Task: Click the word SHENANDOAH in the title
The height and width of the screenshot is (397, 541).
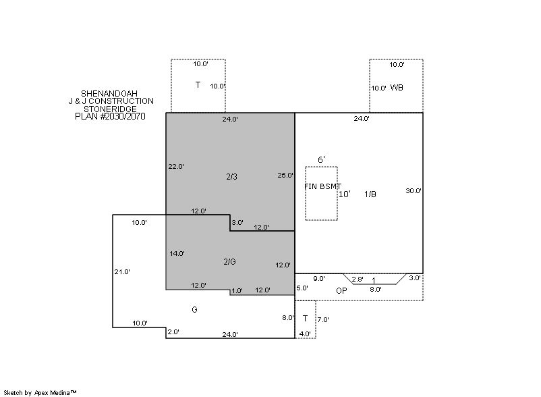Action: coord(109,94)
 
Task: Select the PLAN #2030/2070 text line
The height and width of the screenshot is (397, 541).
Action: coord(110,116)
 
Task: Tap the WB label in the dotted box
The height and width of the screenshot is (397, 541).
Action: coord(397,88)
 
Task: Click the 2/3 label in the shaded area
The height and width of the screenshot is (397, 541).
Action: coord(232,177)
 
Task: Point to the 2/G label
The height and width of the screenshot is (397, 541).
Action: coord(230,262)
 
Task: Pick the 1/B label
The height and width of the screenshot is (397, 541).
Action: coord(370,194)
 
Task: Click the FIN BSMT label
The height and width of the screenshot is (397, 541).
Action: coord(322,186)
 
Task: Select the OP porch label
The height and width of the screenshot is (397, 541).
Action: coord(341,291)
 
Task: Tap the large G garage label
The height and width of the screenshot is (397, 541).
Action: coord(194,310)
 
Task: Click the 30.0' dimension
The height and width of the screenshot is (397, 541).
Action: coord(414,190)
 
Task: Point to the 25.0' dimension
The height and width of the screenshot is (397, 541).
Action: coord(285,176)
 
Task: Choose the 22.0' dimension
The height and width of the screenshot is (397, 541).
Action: coord(176,166)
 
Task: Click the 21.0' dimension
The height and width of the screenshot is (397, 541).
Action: coord(122,272)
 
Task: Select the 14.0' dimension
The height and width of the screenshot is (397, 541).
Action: coord(177,253)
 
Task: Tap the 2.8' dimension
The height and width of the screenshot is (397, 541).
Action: coord(358,280)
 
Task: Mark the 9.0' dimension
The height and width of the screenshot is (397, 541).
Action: coord(319,279)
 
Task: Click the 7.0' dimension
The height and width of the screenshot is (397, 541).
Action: coord(323,319)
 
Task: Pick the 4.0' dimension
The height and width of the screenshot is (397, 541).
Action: coord(305,334)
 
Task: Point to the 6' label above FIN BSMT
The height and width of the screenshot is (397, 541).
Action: coord(321,159)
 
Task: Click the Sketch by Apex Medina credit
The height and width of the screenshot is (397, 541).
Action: coord(40,393)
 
